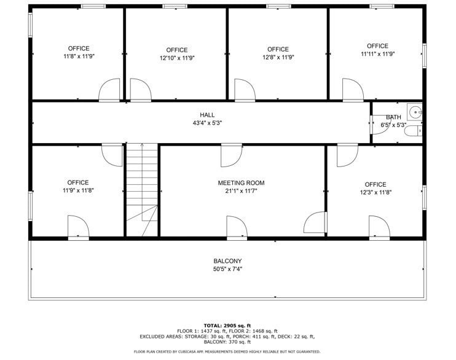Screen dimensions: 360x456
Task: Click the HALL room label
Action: point(207,115)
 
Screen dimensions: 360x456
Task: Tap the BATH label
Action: point(393,117)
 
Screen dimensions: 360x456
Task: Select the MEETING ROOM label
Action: point(241,183)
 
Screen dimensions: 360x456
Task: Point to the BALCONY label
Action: point(227,261)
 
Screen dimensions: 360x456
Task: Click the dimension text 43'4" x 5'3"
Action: point(207,123)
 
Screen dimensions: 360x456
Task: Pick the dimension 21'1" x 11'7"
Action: point(241,191)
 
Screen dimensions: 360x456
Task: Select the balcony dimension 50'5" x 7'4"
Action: point(227,269)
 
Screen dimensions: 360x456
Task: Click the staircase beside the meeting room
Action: point(142,190)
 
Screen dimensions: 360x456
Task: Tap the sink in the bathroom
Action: point(416,112)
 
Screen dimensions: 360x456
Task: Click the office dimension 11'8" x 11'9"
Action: point(79,57)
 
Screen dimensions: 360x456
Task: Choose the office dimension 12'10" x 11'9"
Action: point(177,58)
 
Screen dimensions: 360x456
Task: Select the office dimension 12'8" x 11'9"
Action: point(278,58)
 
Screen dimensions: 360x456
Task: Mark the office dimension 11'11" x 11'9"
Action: point(377,54)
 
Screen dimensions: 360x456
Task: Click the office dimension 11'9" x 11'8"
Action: point(78,190)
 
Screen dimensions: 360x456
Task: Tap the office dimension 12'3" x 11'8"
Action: point(375,192)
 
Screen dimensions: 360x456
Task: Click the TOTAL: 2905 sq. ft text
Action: point(227,326)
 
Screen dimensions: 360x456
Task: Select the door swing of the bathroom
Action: point(376,124)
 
